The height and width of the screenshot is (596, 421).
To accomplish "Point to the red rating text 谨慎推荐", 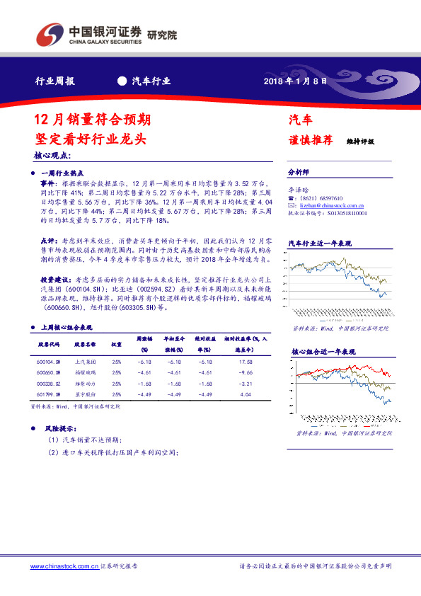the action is click(x=310, y=139).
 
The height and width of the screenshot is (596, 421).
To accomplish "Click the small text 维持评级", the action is click(x=360, y=142).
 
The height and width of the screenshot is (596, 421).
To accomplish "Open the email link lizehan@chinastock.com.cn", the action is click(x=327, y=205).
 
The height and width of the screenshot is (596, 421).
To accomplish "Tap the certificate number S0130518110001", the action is click(x=348, y=212).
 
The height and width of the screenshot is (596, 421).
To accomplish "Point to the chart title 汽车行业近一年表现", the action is click(x=320, y=243).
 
